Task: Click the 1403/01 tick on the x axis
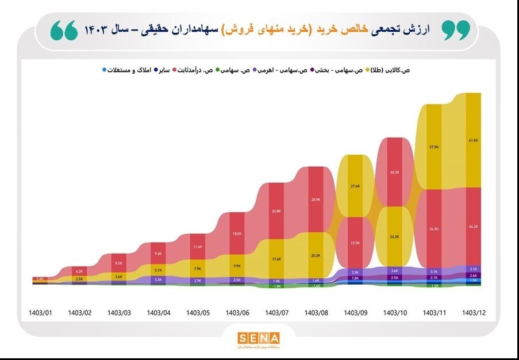point(41,313)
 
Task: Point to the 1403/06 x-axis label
point(237,313)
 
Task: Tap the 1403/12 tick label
point(474,313)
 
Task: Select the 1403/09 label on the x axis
point(356,313)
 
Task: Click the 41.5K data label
point(474,140)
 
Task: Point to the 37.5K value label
point(434,147)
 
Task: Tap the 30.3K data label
point(394,173)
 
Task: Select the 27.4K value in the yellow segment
point(355,186)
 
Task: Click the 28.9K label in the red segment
point(316,200)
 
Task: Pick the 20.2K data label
point(316,255)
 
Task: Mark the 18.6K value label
point(237,233)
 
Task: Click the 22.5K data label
point(355,243)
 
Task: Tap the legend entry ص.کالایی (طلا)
point(391,70)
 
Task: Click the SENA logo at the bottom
point(259,338)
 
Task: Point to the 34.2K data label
point(474,227)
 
